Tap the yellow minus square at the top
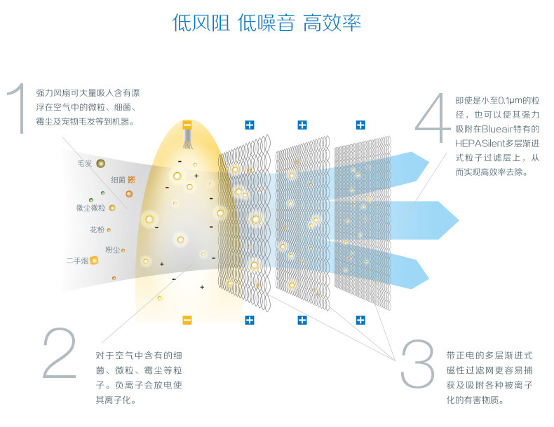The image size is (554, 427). click(x=187, y=125)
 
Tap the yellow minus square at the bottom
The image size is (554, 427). click(x=187, y=320)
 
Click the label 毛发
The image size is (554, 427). click(x=84, y=163)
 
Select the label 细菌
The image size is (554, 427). click(x=117, y=180)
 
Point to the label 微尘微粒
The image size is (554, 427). click(x=90, y=208)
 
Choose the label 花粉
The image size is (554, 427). click(x=96, y=230)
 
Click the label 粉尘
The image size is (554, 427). click(x=112, y=249)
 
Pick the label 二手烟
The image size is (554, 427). click(x=76, y=261)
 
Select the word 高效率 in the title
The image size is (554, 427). click(x=332, y=22)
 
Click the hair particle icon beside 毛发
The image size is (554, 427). click(x=101, y=163)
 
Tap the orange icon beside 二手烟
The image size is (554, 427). click(x=94, y=261)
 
